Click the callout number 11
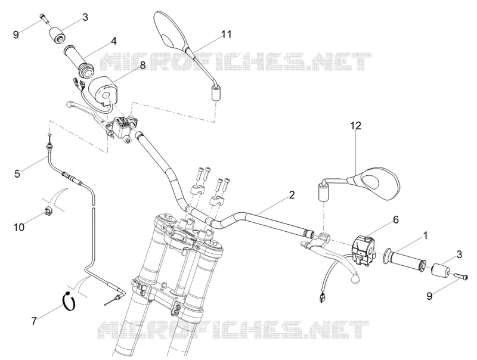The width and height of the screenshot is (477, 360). [x=227, y=34]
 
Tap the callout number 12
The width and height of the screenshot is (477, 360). [x=355, y=125]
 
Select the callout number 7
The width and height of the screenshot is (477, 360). [x=34, y=321]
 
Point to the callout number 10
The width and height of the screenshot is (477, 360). [x=19, y=227]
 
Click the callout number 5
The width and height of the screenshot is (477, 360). [x=17, y=173]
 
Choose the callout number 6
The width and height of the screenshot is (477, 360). [x=396, y=219]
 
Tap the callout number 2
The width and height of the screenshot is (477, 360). [x=292, y=195]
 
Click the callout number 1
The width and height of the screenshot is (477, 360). [x=426, y=235]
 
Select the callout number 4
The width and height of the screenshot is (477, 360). [x=113, y=41]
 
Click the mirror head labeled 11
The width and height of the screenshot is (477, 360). [x=170, y=30]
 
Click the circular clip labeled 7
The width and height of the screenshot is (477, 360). [x=69, y=299]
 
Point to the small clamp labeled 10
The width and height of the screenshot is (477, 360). [x=48, y=210]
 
